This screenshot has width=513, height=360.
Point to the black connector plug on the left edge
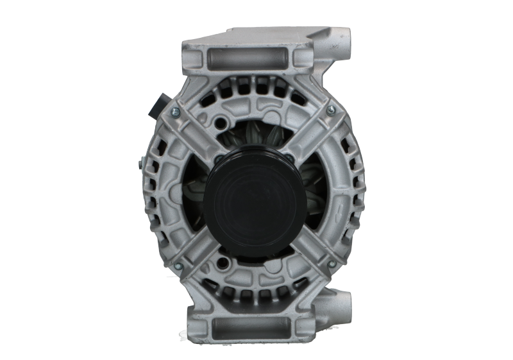pyautogui.click(x=158, y=107)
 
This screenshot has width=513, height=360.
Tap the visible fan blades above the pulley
pyautogui.click(x=256, y=138)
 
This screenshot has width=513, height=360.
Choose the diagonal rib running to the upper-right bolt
pyautogui.click(x=314, y=132)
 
